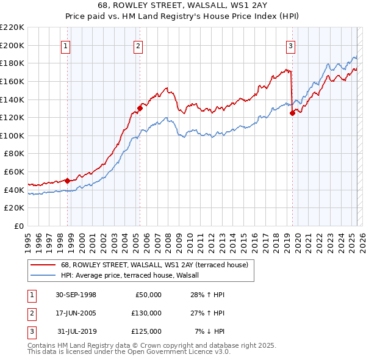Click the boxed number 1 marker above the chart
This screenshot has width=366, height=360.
click(x=65, y=45)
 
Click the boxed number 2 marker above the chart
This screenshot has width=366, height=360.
click(x=138, y=45)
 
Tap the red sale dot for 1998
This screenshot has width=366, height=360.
click(x=68, y=180)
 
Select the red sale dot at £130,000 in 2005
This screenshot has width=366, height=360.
click(x=140, y=108)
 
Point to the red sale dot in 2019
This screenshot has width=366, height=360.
click(x=292, y=112)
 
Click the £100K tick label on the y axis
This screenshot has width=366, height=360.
click(x=13, y=135)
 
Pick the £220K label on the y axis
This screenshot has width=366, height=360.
click(x=13, y=27)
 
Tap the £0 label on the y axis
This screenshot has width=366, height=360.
click(x=19, y=226)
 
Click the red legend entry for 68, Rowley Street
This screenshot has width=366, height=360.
click(x=154, y=265)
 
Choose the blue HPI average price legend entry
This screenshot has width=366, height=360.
click(x=134, y=275)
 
